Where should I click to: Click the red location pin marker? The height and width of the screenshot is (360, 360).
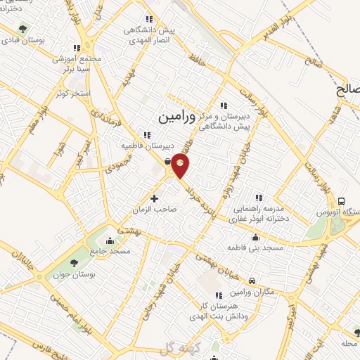pyautogui.click(x=181, y=165)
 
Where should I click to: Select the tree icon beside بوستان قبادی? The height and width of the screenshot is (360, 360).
pyautogui.click(x=24, y=30)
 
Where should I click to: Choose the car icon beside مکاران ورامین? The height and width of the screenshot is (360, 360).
pyautogui.click(x=252, y=282)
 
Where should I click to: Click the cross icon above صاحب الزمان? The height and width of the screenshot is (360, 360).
pyautogui.click(x=155, y=199)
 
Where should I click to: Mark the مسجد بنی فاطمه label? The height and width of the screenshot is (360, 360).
pyautogui.click(x=254, y=248)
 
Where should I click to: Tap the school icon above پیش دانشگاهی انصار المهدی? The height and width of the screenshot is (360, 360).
pyautogui.click(x=148, y=19)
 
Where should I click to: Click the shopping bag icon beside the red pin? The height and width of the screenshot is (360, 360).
pyautogui.click(x=167, y=162)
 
